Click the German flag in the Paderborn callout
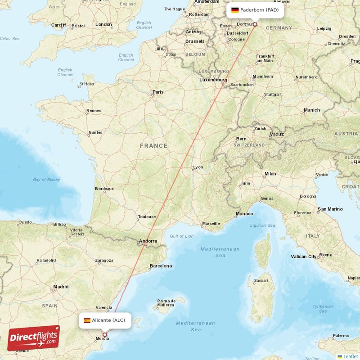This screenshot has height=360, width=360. (x=235, y=10)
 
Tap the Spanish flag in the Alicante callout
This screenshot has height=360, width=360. (x=86, y=320)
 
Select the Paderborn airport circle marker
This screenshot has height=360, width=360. (x=255, y=24)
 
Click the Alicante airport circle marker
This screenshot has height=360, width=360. (x=105, y=334)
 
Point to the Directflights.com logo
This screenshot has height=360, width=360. (x=33, y=338)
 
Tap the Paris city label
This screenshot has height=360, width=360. (x=158, y=92)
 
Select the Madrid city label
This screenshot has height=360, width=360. (x=61, y=286)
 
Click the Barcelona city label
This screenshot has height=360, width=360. (x=161, y=266)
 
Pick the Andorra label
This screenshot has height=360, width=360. (x=148, y=241)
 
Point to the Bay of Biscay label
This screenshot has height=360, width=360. (x=46, y=180)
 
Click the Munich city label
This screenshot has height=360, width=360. (x=311, y=110)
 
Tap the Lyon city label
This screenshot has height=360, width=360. (x=198, y=167)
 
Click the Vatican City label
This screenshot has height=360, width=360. (x=303, y=256)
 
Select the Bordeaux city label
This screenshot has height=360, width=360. (x=104, y=189)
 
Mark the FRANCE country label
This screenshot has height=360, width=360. (x=153, y=146)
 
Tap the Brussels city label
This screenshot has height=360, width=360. (x=195, y=41)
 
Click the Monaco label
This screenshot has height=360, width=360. (x=244, y=213)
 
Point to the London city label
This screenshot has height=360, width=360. (x=103, y=24)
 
